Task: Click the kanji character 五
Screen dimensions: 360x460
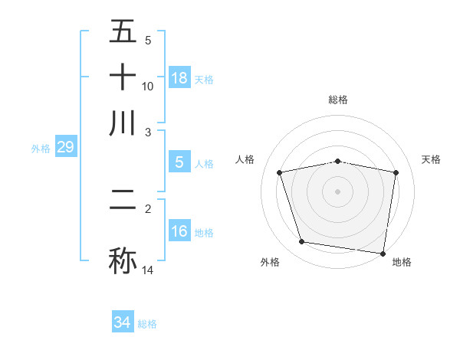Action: click(123, 33)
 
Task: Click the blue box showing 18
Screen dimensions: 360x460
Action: click(179, 78)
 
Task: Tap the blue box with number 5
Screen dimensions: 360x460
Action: click(179, 162)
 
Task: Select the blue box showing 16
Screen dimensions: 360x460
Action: click(179, 231)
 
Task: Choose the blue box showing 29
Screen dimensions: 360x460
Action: click(65, 147)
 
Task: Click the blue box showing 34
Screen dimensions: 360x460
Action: click(122, 323)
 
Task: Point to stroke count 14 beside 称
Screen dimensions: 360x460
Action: click(148, 270)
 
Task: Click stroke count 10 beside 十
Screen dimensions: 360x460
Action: click(148, 86)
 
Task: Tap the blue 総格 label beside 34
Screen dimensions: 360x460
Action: click(147, 324)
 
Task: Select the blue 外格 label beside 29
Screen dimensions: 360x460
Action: click(40, 149)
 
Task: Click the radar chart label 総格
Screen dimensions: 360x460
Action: click(338, 100)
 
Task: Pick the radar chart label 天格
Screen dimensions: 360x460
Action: click(432, 159)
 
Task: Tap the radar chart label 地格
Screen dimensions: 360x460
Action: click(402, 262)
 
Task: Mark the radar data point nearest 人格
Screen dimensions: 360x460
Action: click(280, 172)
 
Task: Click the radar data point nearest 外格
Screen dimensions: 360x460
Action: click(302, 242)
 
